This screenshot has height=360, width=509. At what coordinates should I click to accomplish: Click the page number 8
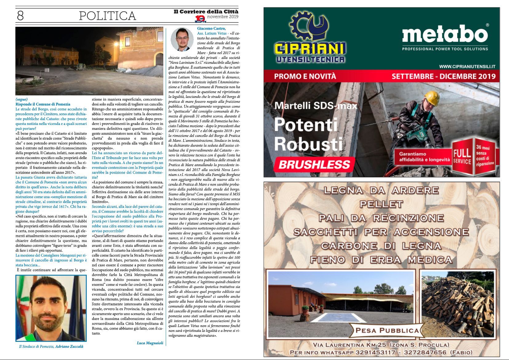point(20,15)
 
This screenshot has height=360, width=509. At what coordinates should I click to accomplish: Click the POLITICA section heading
point(107,16)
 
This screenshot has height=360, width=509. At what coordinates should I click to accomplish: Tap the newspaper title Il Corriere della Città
point(206,12)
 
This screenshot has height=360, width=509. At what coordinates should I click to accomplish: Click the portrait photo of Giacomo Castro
point(182,39)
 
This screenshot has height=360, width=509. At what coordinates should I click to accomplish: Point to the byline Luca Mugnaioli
point(150,343)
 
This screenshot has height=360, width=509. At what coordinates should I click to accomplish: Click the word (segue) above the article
point(22,99)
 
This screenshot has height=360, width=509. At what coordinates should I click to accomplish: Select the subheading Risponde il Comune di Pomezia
point(43,104)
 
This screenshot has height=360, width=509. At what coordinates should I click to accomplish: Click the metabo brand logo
point(445,34)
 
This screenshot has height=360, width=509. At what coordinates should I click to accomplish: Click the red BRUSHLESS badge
point(314,164)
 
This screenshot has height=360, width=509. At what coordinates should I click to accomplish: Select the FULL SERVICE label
point(462,156)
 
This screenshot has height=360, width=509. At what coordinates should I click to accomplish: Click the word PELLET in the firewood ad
point(381,204)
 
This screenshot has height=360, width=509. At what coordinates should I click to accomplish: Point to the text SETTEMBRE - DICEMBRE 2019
point(443,76)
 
